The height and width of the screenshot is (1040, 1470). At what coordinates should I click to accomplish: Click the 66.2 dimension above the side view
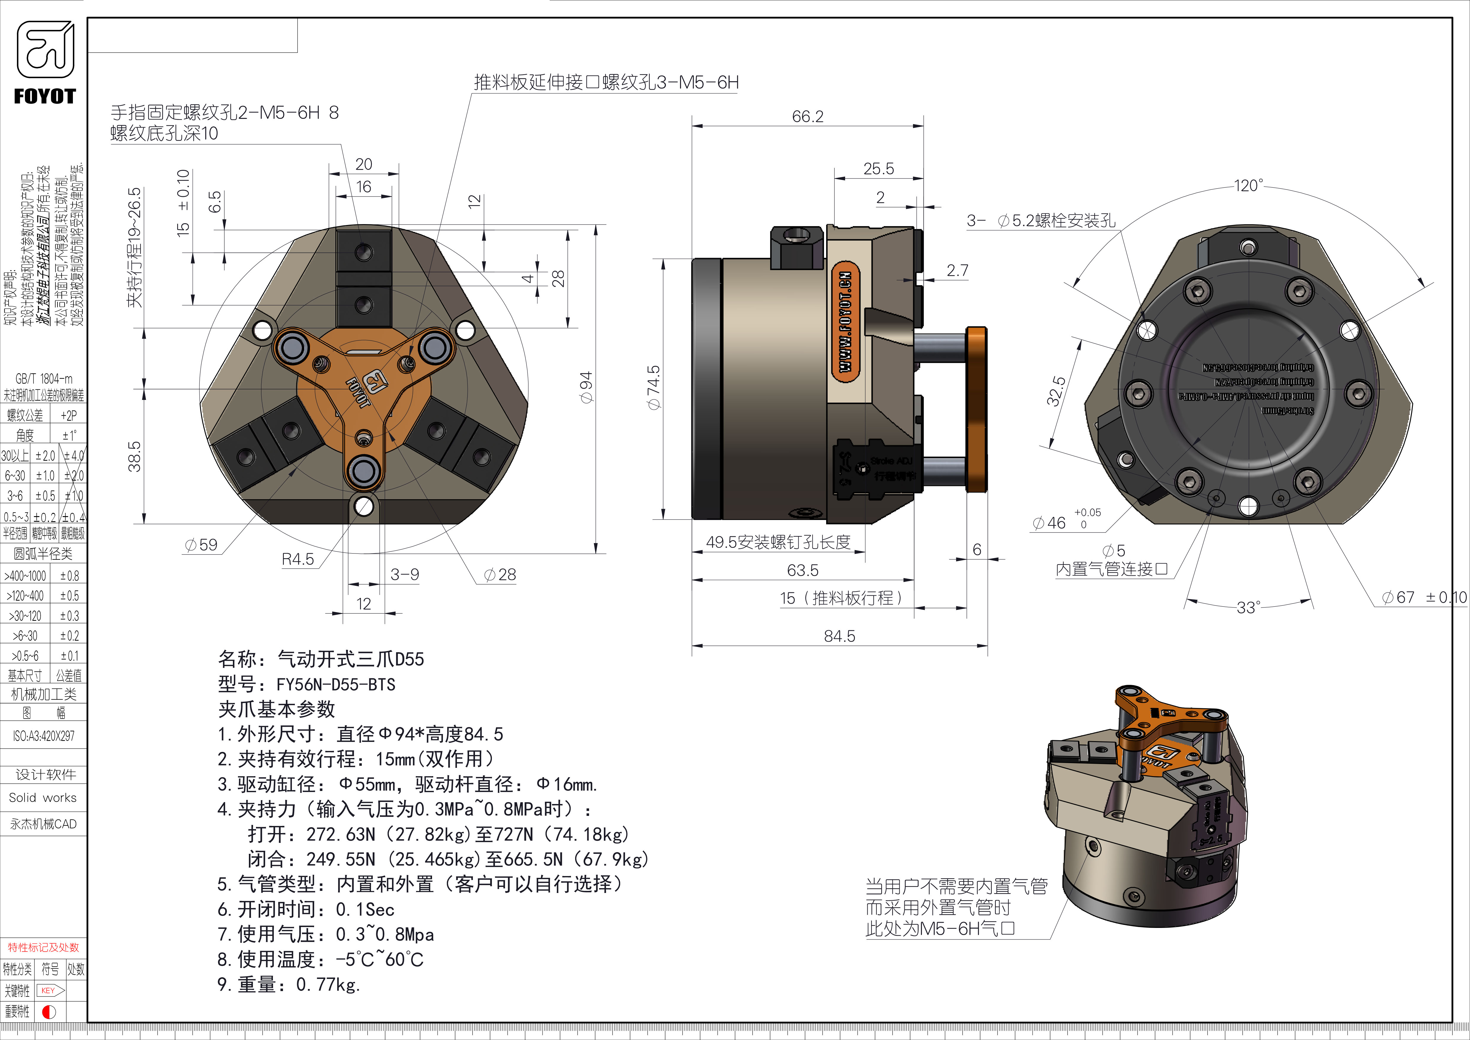(x=807, y=117)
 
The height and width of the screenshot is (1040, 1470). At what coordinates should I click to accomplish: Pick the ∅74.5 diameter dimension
(x=653, y=387)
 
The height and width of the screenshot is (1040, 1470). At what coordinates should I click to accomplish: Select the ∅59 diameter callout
(x=201, y=545)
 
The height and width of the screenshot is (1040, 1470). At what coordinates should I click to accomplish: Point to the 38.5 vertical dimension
(x=135, y=456)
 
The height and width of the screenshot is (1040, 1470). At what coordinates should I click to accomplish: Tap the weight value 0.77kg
(x=328, y=984)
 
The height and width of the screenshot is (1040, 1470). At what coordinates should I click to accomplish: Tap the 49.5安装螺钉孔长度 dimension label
(x=778, y=543)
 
